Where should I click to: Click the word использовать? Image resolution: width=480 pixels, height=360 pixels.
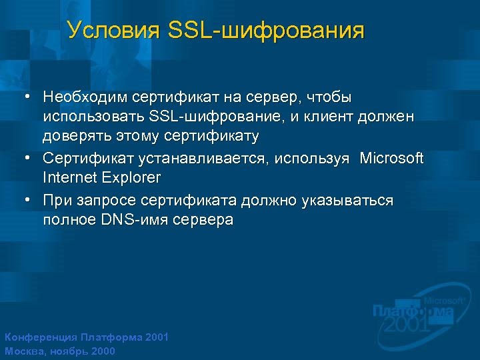pyautogui.click(x=94, y=117)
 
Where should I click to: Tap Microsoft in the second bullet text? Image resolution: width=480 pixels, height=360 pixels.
pyautogui.click(x=391, y=159)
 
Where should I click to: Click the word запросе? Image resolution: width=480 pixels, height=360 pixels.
pyautogui.click(x=101, y=201)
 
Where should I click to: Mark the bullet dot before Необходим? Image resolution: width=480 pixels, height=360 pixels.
pyautogui.click(x=27, y=97)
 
